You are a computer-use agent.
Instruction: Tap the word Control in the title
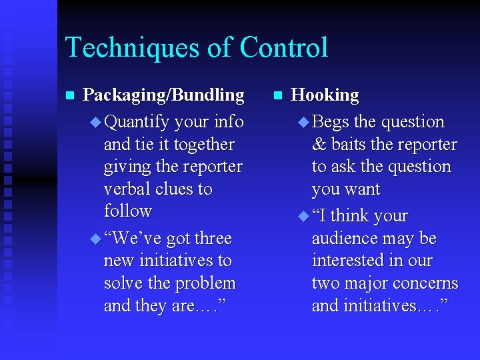click(284, 48)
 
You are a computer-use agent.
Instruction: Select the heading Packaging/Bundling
click(163, 95)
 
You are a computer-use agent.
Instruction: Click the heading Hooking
click(325, 95)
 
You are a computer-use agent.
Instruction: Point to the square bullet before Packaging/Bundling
click(68, 95)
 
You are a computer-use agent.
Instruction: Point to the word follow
click(127, 211)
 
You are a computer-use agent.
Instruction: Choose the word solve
click(123, 283)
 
